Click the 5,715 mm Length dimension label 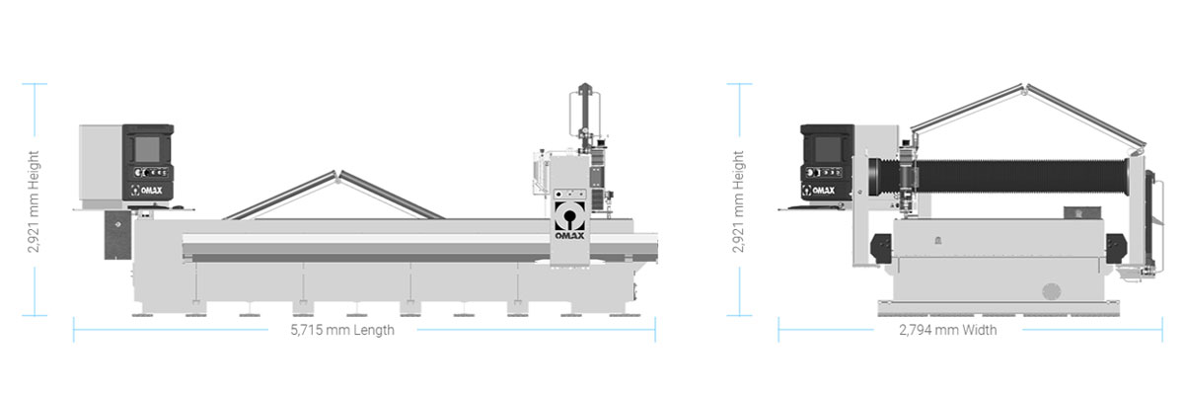[x=342, y=330]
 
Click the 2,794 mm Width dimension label [x=948, y=330]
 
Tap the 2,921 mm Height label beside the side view [x=34, y=202]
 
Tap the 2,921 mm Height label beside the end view [x=738, y=202]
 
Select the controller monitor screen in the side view [x=147, y=149]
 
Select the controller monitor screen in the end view [x=827, y=149]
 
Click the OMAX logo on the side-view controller [x=147, y=190]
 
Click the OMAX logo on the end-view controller [x=819, y=190]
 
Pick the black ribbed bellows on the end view [x=999, y=176]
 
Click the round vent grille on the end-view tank [x=1052, y=291]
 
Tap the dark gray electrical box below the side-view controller [x=117, y=235]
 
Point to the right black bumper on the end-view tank [x=1116, y=248]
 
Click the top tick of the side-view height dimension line [x=35, y=84]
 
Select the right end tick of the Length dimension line [x=655, y=330]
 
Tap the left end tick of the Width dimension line [x=778, y=330]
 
